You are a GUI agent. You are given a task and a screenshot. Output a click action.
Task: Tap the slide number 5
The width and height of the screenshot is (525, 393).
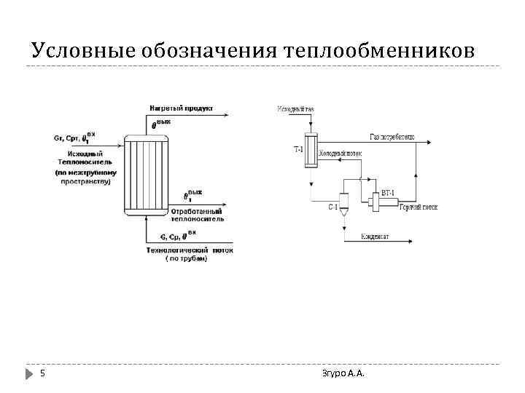click(x=42, y=374)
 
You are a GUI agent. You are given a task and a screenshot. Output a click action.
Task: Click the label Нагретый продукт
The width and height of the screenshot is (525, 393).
click(x=181, y=108)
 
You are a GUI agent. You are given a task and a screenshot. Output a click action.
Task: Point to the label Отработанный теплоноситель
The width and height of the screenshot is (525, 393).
click(x=197, y=215)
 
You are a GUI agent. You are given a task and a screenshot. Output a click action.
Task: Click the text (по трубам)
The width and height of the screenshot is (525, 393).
click(x=186, y=258)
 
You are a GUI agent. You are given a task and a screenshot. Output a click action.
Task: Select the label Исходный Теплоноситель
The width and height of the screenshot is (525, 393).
click(x=85, y=158)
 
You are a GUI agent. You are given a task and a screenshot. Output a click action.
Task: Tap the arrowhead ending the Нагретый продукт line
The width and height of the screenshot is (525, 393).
click(x=232, y=116)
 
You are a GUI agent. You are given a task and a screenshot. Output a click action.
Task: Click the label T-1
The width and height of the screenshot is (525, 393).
click(x=299, y=150)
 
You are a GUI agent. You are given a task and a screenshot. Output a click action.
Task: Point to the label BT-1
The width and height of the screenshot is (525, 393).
click(x=388, y=193)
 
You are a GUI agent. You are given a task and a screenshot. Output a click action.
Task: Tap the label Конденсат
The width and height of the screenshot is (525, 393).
click(x=376, y=237)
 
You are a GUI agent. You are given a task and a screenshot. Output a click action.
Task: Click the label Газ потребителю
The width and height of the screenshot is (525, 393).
click(x=392, y=137)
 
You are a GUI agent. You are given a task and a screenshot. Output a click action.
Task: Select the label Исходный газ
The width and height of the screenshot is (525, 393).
click(x=295, y=109)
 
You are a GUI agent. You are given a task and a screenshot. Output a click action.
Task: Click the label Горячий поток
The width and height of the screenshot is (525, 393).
click(x=419, y=207)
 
